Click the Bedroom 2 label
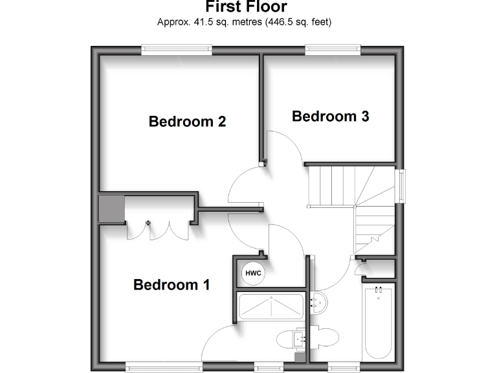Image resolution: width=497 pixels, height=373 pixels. (187, 121)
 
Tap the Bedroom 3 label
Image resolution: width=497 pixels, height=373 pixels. (330, 117)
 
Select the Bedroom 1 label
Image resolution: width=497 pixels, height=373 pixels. (171, 284)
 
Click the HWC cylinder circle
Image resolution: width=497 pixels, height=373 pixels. (253, 273)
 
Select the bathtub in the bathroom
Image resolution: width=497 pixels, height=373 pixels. (379, 321)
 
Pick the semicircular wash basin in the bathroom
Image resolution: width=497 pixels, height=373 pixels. (318, 300)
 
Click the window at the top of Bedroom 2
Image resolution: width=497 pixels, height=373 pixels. (177, 47)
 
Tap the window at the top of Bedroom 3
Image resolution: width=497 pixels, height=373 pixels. (333, 47)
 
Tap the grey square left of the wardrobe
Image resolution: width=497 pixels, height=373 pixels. (109, 209)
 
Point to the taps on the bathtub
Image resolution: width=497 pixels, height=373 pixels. (379, 289)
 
